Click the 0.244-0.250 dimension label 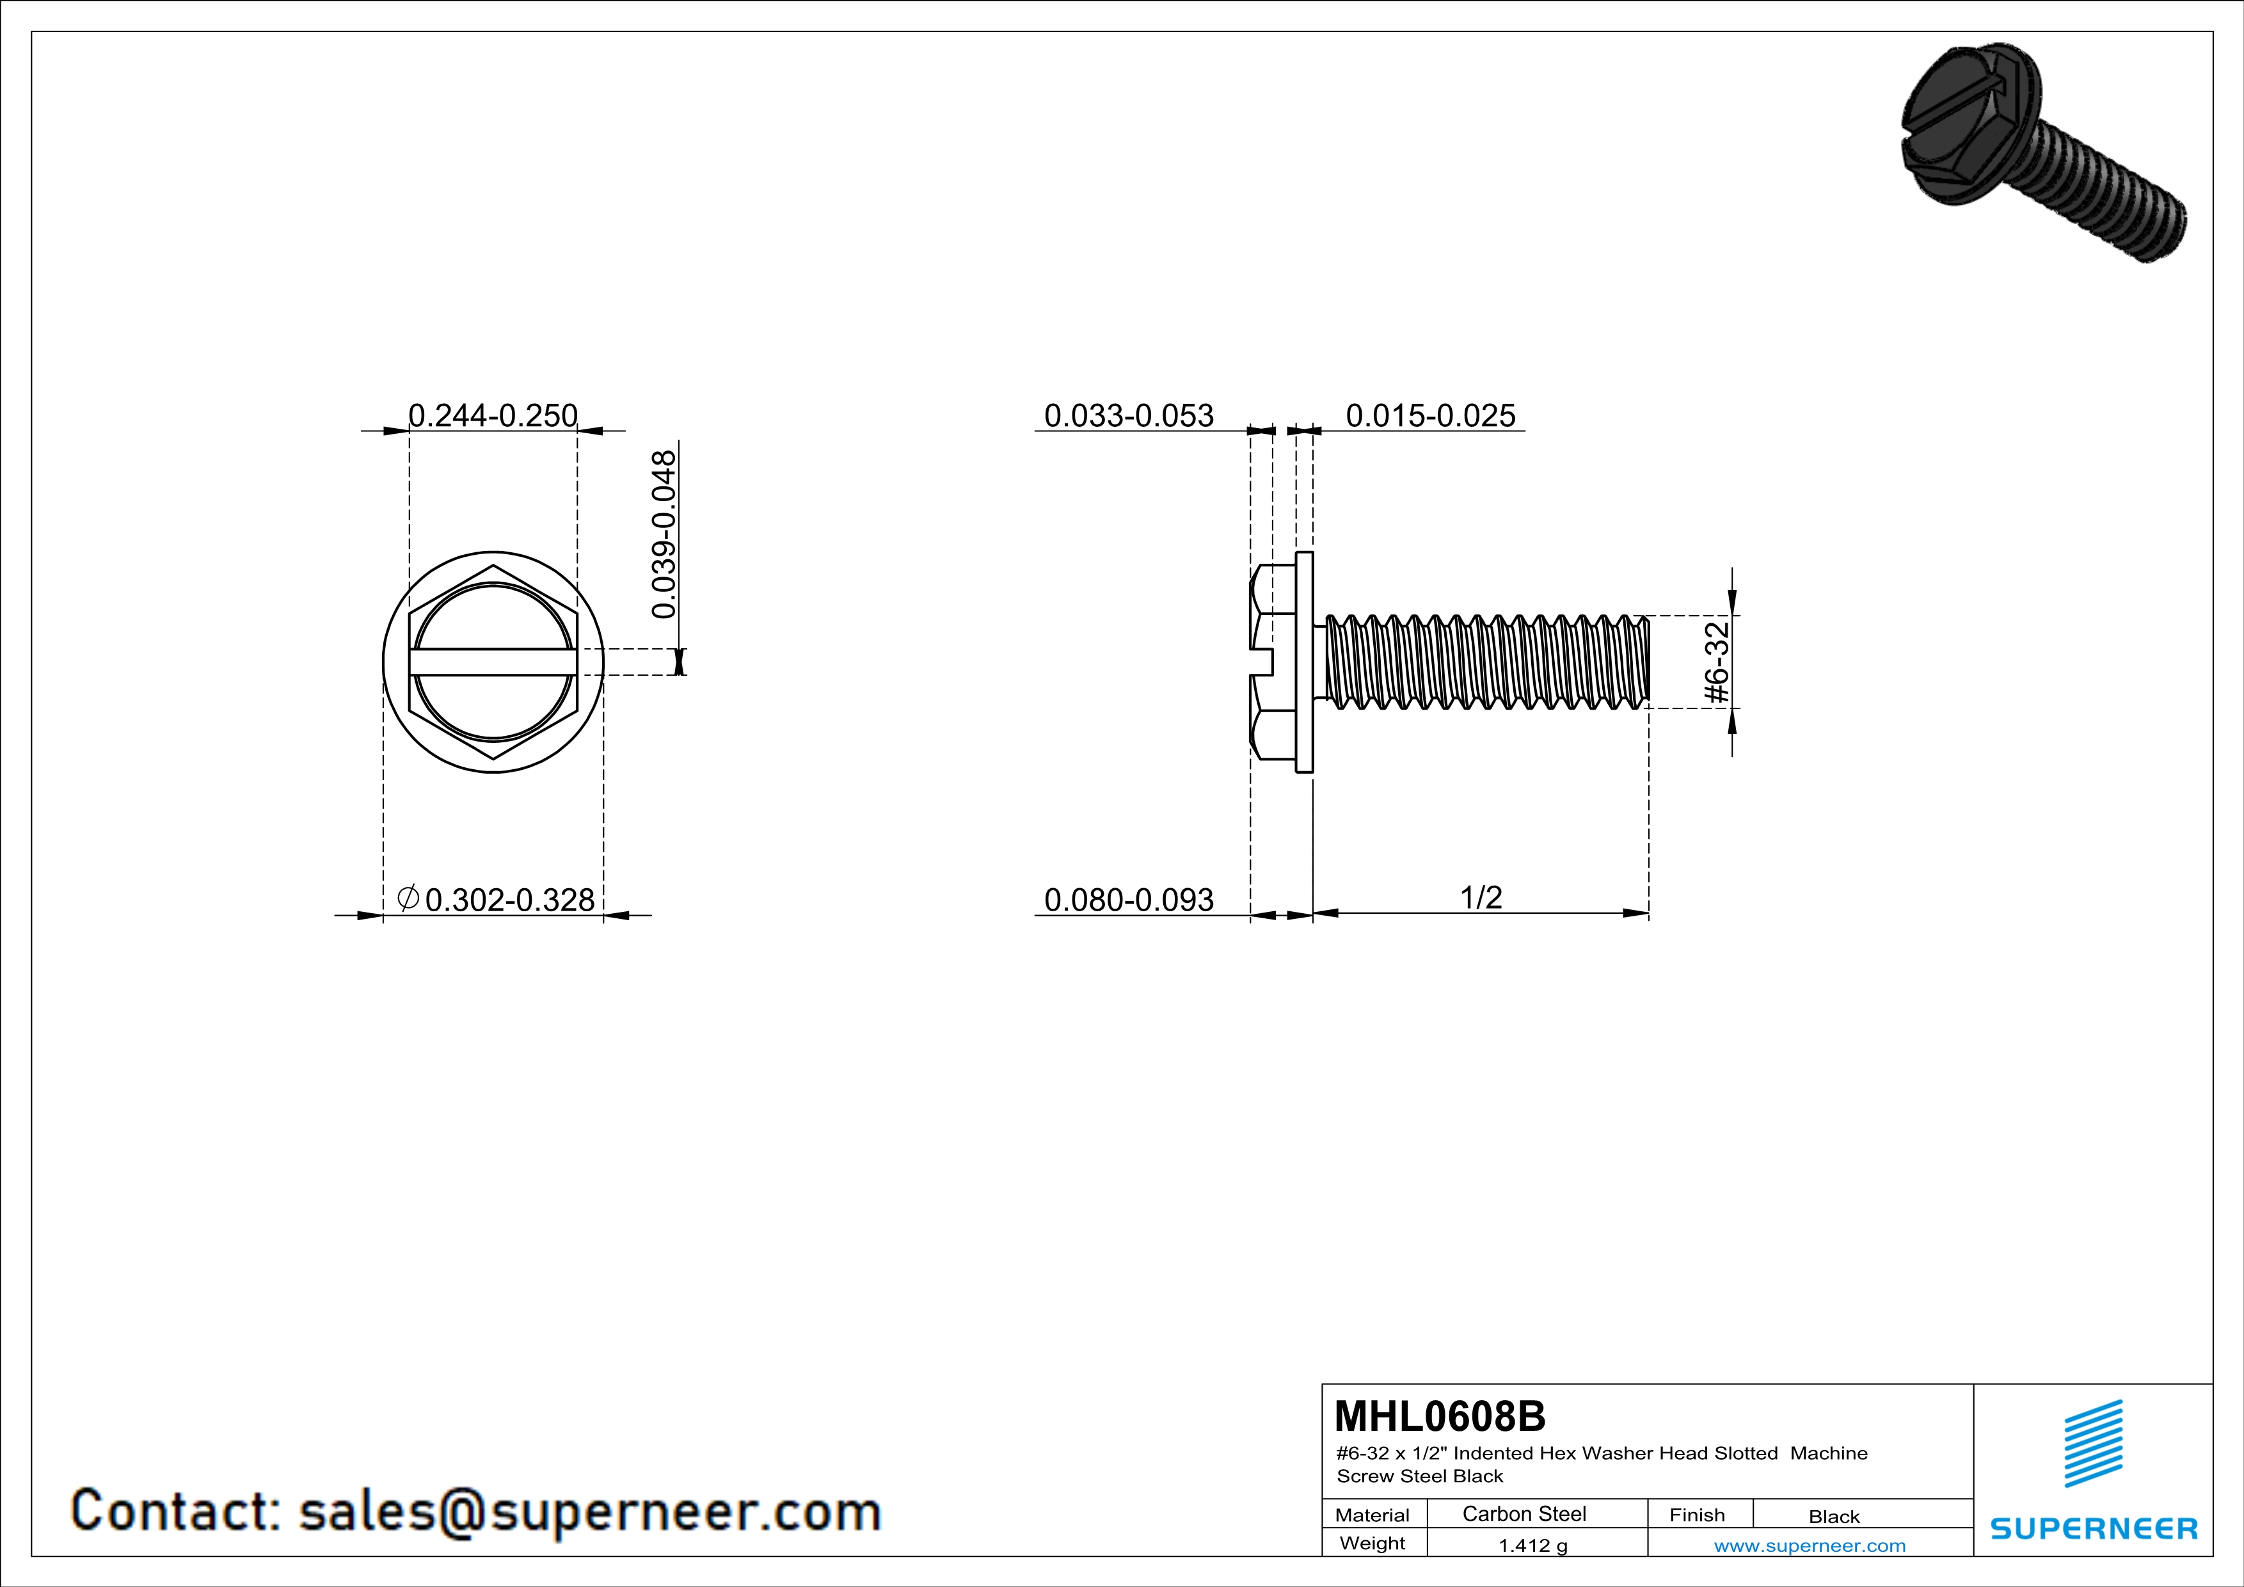(x=493, y=415)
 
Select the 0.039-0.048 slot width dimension (x=664, y=534)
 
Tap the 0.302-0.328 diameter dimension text (x=510, y=899)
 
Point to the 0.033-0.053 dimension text (x=1129, y=415)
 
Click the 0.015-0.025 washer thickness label (x=1431, y=415)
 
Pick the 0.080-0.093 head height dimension (x=1129, y=899)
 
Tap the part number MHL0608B (x=1440, y=1416)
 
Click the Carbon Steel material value (x=1524, y=1513)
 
